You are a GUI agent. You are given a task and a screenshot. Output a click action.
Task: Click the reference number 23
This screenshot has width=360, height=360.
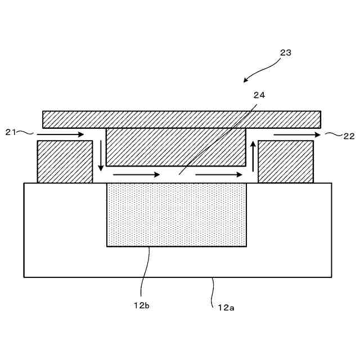(x=286, y=53)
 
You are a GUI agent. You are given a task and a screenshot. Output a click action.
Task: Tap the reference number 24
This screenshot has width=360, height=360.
(x=259, y=95)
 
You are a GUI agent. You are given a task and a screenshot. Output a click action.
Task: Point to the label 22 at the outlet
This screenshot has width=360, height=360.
(x=349, y=136)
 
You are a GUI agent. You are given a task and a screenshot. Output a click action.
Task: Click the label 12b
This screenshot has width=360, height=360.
(x=141, y=305)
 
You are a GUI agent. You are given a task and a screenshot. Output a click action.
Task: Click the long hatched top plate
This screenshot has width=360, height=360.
(x=181, y=119)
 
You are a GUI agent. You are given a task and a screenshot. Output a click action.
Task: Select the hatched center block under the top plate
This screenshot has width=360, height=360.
(x=175, y=146)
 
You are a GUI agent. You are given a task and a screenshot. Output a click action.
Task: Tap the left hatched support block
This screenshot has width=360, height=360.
(x=65, y=161)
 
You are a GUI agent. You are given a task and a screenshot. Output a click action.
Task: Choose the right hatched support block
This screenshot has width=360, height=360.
(x=286, y=161)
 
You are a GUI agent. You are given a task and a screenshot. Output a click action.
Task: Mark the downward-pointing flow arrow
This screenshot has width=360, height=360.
(x=101, y=154)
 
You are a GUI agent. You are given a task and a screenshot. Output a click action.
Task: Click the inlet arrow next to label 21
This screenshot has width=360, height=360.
(x=61, y=135)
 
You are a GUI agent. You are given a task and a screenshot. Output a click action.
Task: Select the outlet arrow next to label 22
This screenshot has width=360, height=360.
(x=297, y=135)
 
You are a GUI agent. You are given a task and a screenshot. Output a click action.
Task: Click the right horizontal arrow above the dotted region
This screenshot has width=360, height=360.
(x=219, y=175)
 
